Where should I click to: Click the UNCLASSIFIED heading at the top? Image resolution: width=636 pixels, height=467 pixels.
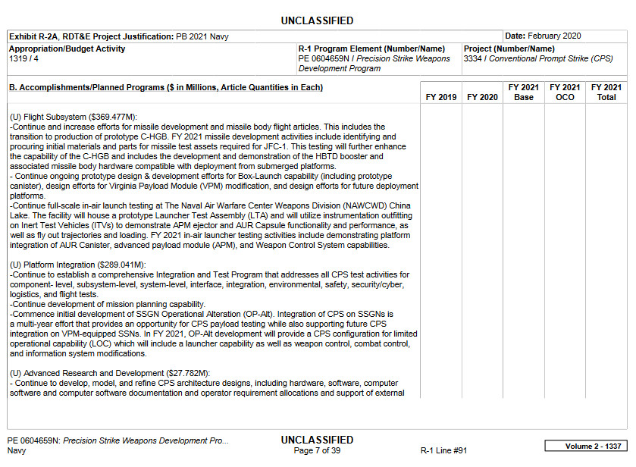[317, 20]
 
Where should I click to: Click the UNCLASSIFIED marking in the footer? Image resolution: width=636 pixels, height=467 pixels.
[317, 440]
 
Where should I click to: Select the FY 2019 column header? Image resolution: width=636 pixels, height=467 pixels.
[441, 98]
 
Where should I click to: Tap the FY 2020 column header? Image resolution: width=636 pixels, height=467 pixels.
[482, 98]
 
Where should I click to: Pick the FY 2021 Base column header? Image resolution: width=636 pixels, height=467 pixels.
[524, 92]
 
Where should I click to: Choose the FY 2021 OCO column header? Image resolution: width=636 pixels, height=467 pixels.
[565, 92]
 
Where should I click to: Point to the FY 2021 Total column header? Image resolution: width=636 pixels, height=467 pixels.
[606, 92]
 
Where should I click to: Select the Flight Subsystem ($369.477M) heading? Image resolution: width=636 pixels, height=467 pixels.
[71, 117]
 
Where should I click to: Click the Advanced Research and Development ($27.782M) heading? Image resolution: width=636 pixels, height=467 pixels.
[109, 374]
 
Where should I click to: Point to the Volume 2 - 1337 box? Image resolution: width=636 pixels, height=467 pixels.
[586, 446]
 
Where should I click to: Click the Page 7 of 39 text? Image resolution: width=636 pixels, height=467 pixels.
[317, 450]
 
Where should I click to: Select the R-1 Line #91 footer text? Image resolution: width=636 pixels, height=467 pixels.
[444, 450]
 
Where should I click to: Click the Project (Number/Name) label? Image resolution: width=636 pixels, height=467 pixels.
[509, 49]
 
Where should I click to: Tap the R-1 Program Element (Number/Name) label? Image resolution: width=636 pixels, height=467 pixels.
[371, 49]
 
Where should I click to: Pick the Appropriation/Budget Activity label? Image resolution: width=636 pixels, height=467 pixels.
[67, 49]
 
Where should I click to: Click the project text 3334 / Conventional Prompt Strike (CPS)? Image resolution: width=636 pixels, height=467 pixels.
[538, 58]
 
